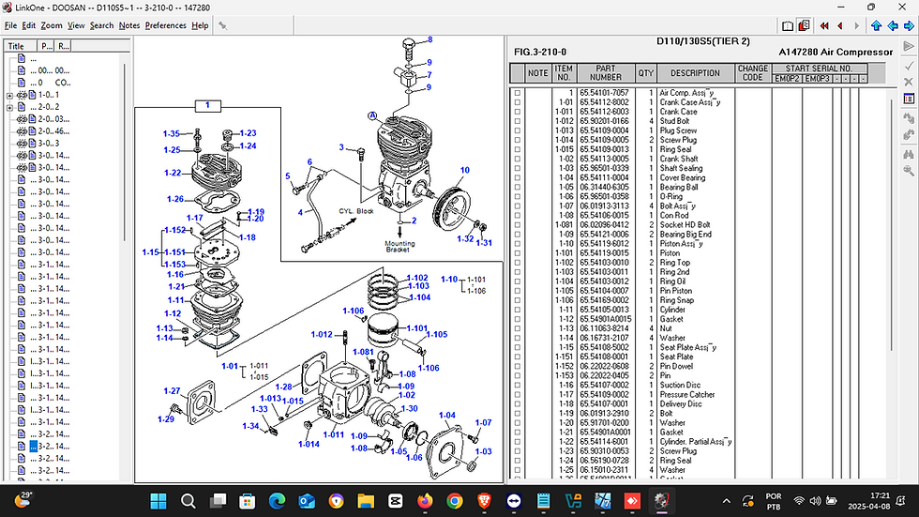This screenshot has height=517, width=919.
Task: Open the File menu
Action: pos(10,25)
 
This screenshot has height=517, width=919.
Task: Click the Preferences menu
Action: pos(165,25)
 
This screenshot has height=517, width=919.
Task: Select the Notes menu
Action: pos(128,25)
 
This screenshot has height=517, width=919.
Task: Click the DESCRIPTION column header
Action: pos(695,73)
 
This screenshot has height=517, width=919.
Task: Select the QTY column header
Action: pos(646,73)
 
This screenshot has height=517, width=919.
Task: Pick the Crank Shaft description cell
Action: pos(679,160)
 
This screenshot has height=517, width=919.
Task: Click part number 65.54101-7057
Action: pos(604,94)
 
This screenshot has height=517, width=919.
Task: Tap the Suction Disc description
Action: pos(680,385)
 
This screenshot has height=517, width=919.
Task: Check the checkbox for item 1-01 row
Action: pos(517,103)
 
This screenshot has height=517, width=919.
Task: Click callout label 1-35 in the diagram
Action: pos(171,134)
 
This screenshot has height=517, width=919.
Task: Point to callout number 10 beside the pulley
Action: pos(464,170)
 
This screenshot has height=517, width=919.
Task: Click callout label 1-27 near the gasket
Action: pos(171,391)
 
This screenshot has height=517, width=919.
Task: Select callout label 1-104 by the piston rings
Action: pos(418,297)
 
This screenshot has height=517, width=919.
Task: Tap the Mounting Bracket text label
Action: pos(399,248)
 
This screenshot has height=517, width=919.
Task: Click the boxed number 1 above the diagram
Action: pos(207,105)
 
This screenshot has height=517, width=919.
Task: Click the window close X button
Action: pos(905,8)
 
